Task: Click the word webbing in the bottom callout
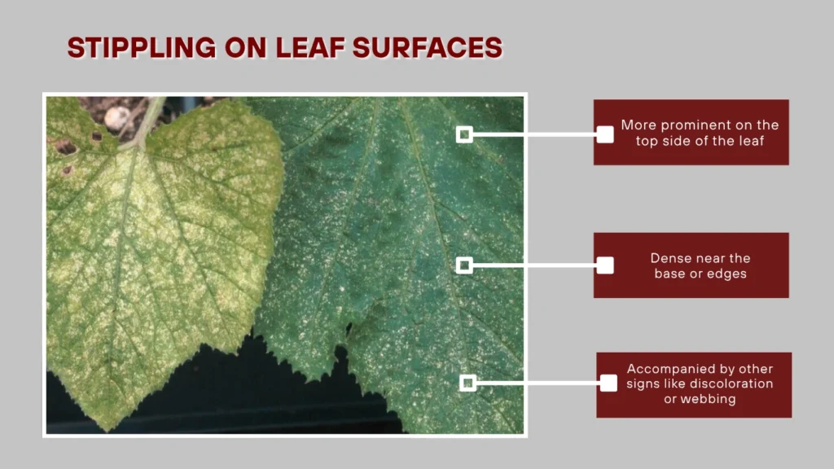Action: click(x=700, y=399)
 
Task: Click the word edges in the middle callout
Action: click(x=727, y=274)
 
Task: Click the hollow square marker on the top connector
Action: click(x=464, y=134)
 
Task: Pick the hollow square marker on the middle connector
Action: click(x=464, y=265)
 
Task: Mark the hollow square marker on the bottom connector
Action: click(x=467, y=383)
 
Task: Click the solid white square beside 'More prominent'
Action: click(x=605, y=134)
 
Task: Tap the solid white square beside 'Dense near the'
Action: click(x=605, y=265)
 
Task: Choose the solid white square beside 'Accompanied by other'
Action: click(x=608, y=383)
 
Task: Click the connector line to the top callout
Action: click(x=534, y=134)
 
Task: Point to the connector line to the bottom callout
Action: click(x=538, y=383)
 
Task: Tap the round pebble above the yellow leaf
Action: click(x=116, y=118)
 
